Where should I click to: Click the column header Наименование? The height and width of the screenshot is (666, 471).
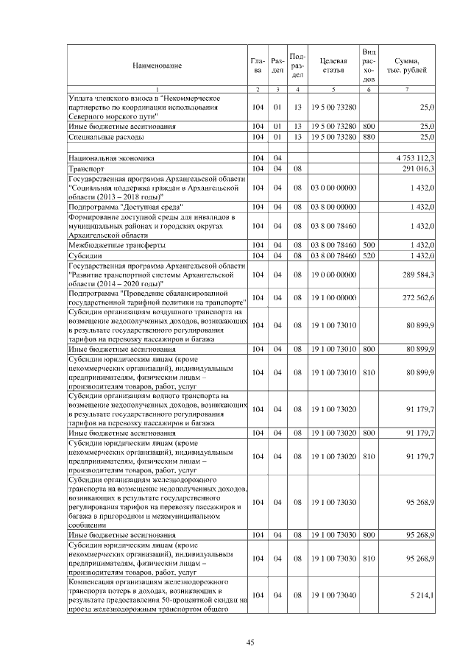click(157, 66)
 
